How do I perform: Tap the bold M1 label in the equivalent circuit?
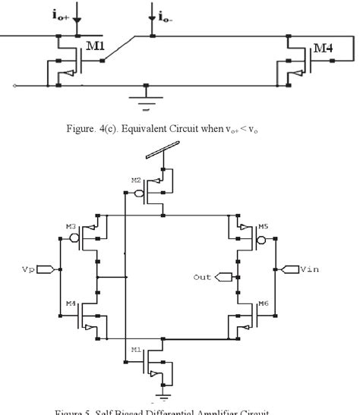pos(95,46)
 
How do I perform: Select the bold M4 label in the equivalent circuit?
pos(324,49)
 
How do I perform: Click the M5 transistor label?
pos(263,226)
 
